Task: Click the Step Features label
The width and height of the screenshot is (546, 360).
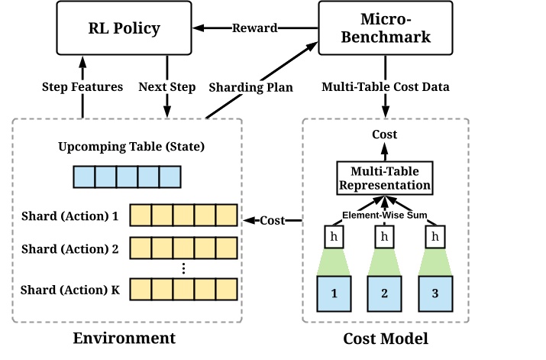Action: pos(82,86)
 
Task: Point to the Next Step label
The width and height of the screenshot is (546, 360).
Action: pos(166,86)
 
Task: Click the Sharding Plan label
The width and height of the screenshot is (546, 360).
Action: pos(247,86)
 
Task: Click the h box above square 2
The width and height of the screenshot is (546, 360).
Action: pos(383,236)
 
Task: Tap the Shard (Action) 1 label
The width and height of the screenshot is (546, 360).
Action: pos(70,216)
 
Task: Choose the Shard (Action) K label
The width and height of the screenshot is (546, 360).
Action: pos(70,289)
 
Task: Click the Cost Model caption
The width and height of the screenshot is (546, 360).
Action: pos(383,338)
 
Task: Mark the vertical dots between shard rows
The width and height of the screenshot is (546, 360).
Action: pos(183,268)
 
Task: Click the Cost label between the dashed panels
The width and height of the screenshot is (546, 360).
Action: pos(273,221)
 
